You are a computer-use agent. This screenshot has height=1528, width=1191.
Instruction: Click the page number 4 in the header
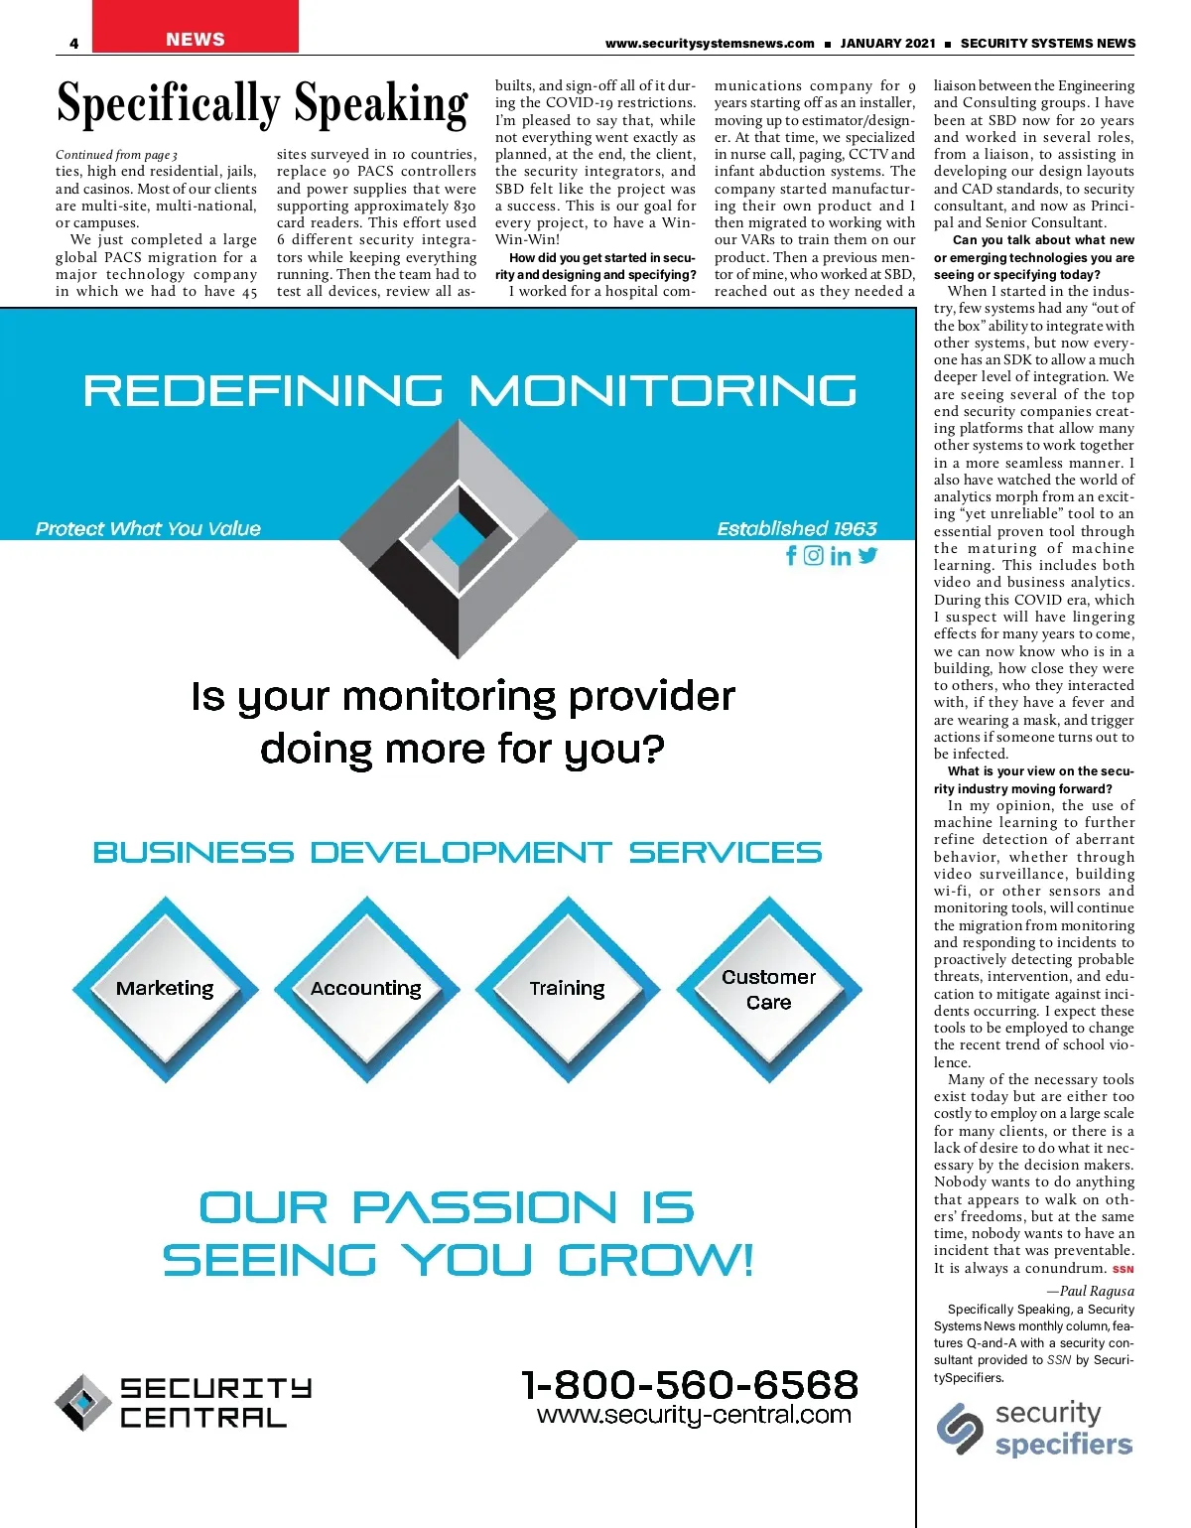(74, 43)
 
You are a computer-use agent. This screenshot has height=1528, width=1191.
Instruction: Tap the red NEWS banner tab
(196, 39)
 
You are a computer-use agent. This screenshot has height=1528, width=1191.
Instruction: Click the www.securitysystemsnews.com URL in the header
(710, 44)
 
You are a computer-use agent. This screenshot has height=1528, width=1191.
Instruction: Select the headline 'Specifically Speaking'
(262, 104)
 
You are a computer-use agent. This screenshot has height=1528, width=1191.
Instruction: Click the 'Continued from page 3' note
(116, 155)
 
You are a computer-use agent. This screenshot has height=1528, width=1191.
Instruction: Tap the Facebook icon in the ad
(791, 556)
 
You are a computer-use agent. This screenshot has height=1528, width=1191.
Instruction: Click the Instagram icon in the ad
(814, 556)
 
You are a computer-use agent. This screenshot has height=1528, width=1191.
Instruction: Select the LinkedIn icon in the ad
(841, 556)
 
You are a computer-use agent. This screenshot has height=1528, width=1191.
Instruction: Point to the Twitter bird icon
(868, 556)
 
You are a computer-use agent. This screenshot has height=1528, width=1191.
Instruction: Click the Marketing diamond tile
(165, 989)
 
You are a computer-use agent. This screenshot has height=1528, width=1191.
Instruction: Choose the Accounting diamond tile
(366, 989)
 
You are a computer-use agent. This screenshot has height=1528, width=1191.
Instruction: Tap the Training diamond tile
(567, 989)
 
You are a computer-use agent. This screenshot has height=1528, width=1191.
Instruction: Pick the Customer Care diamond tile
(769, 989)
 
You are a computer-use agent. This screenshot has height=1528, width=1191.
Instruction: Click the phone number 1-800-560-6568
(690, 1385)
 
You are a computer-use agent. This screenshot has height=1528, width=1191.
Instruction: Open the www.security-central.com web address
(694, 1415)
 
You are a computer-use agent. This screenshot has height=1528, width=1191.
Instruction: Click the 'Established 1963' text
(797, 529)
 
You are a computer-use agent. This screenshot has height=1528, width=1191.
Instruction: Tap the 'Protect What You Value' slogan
(148, 529)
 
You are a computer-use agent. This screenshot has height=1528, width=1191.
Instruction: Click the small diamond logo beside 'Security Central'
(82, 1402)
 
